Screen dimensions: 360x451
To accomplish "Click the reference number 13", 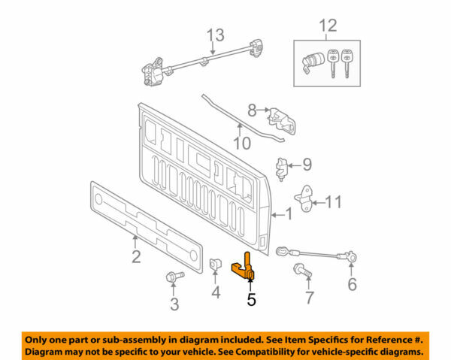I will tap(216, 35).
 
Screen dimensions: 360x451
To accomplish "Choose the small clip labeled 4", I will tap(215, 265).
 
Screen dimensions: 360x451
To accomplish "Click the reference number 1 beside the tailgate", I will tap(287, 215).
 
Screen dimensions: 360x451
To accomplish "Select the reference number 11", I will tap(334, 201).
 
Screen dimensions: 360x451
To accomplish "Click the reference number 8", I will tap(253, 110).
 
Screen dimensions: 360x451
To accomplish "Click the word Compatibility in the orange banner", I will tap(285, 352).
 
